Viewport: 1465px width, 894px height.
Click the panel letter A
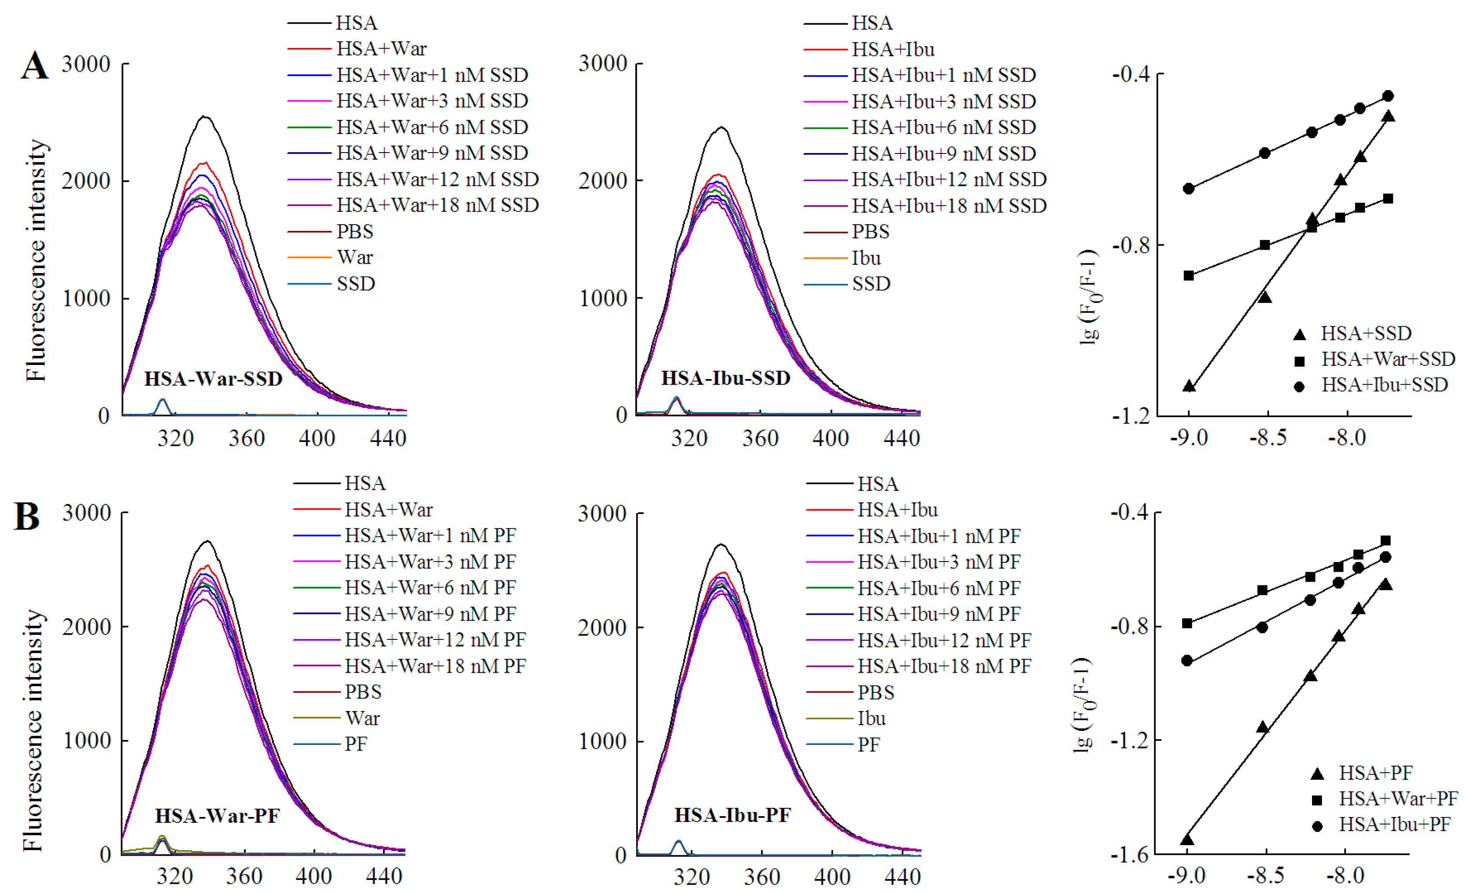pyautogui.click(x=34, y=66)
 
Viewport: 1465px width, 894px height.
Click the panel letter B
pyautogui.click(x=27, y=516)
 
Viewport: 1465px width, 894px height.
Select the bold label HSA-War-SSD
pyautogui.click(x=213, y=379)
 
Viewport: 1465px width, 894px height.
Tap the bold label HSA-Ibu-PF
pyautogui.click(x=732, y=815)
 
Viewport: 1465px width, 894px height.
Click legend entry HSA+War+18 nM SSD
pyautogui.click(x=437, y=205)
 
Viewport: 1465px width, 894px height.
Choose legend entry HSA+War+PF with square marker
pyautogui.click(x=1397, y=798)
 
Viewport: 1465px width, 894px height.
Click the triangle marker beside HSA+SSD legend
pyautogui.click(x=1299, y=334)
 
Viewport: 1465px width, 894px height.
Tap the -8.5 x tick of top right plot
pyautogui.click(x=1268, y=439)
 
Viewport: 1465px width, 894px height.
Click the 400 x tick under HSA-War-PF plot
pyautogui.click(x=313, y=876)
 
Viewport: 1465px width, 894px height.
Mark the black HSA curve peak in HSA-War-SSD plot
pyautogui.click(x=204, y=117)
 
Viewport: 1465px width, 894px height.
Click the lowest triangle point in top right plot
pyautogui.click(x=1188, y=387)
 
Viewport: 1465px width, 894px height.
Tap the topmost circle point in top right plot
pyautogui.click(x=1388, y=96)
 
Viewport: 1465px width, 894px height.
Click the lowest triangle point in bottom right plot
pyautogui.click(x=1187, y=840)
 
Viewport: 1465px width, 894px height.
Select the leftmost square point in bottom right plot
pyautogui.click(x=1187, y=624)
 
